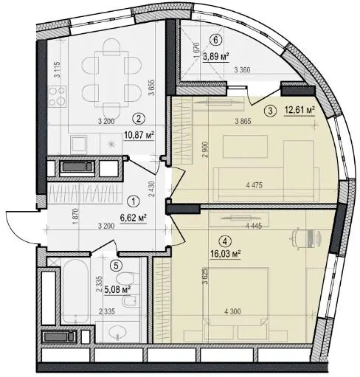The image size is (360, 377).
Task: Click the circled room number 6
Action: (x=215, y=40)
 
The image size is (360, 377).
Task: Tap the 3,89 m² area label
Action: (x=216, y=57)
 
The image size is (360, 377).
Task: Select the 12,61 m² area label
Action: (x=300, y=111)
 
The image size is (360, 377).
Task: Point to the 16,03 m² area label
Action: (x=225, y=254)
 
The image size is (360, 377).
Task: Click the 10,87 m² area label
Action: (x=139, y=135)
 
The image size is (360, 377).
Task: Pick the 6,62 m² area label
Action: (x=134, y=218)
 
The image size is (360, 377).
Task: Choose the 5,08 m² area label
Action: (x=117, y=290)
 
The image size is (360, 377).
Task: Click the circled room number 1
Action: (x=134, y=201)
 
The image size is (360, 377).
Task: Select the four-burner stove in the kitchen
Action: (x=57, y=97)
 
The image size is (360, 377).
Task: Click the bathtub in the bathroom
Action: (x=75, y=291)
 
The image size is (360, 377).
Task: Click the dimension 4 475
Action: (x=255, y=185)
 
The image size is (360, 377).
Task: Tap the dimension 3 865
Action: (x=243, y=121)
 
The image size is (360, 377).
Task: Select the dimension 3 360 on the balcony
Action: (x=242, y=71)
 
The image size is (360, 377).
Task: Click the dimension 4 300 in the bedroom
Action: (x=232, y=311)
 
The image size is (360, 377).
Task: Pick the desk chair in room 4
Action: (x=296, y=237)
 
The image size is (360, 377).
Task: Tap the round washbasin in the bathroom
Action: (x=117, y=333)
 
